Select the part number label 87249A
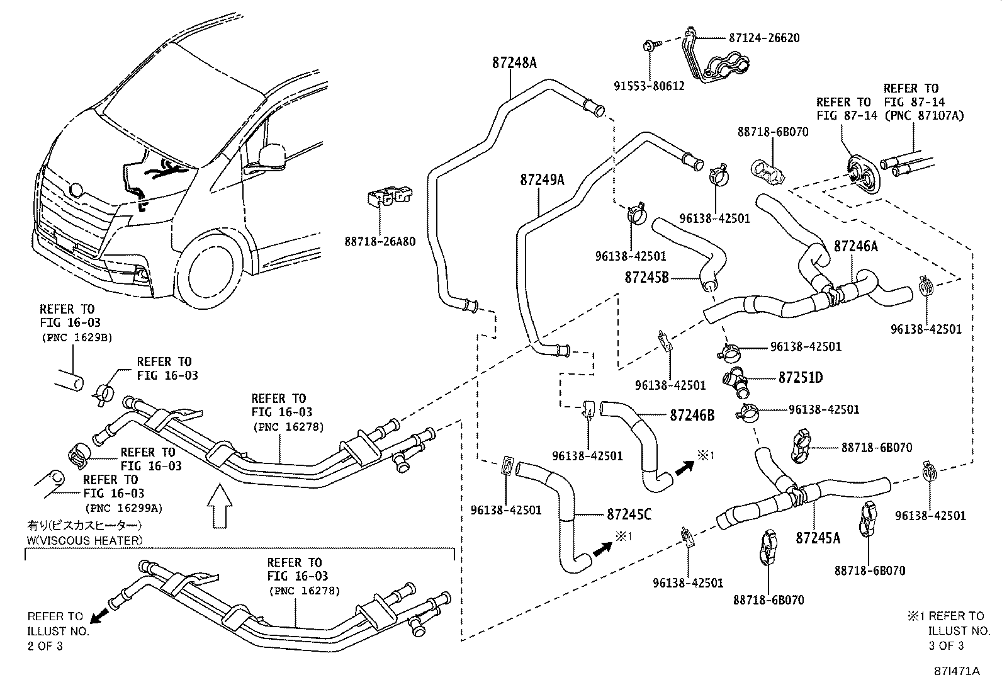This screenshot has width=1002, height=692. point(542,180)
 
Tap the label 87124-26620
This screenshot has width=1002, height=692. point(764,38)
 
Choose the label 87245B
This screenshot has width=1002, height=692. point(646,276)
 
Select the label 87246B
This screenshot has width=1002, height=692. point(692,415)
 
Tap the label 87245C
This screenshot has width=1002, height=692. point(629,515)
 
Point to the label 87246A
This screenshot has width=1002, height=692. point(855,246)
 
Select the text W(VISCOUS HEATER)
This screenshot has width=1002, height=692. point(84,540)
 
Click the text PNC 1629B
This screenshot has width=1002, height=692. point(76,337)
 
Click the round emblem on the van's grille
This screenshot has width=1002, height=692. point(77,190)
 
